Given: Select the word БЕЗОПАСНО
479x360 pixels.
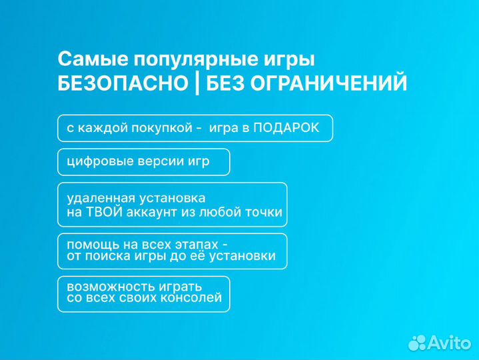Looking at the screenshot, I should click(123, 84).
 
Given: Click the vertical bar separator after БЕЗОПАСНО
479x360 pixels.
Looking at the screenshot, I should click(197, 84).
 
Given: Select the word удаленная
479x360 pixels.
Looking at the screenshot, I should click(98, 199).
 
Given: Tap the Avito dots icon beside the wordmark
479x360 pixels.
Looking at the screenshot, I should click(417, 343).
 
